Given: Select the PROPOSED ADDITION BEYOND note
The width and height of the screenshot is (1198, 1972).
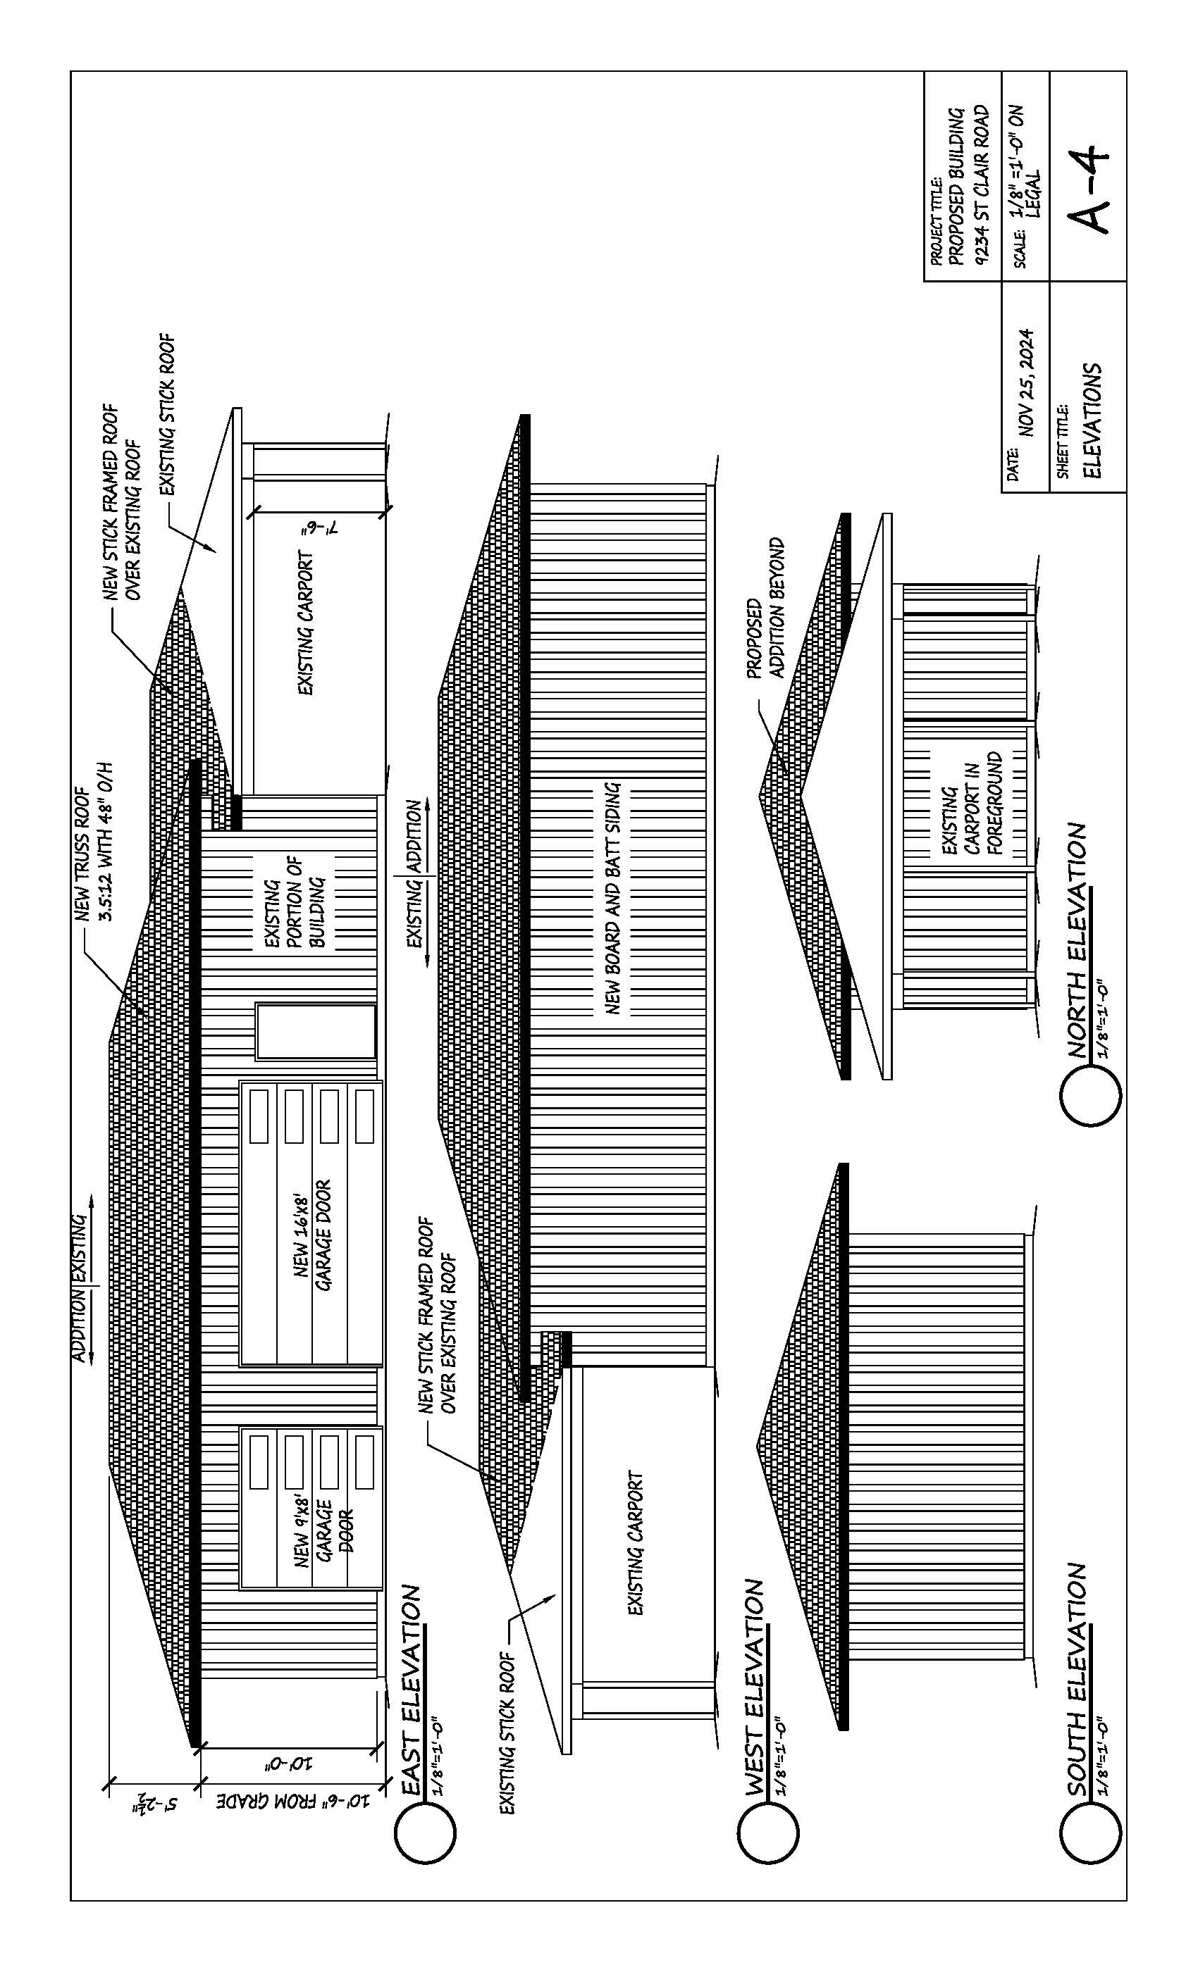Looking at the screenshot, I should (x=765, y=607).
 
